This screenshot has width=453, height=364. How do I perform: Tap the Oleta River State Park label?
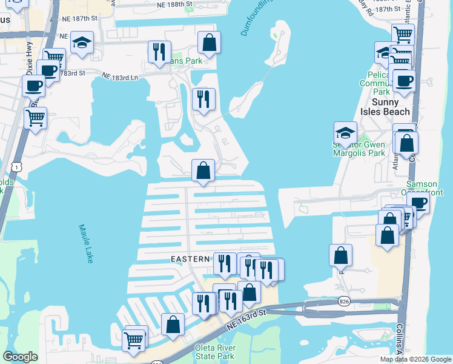tap(214, 352)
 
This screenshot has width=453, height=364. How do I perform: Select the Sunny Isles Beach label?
tap(391, 107)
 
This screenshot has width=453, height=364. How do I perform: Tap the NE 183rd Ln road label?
tap(120, 77)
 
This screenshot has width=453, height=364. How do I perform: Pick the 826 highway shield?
tap(344, 302)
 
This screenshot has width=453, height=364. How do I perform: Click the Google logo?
tap(20, 357)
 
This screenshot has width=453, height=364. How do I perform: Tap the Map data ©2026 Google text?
tap(415, 359)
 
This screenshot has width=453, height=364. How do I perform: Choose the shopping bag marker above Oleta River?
tap(173, 323)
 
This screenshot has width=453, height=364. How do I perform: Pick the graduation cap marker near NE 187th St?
tap(82, 42)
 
